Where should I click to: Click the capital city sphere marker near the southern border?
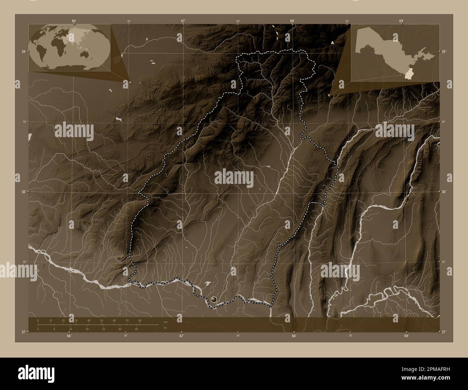214,299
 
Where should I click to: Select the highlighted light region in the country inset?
409,74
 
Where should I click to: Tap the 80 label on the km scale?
140,320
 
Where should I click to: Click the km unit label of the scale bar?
165,322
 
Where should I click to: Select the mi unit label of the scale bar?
165,328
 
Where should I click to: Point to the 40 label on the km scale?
89,320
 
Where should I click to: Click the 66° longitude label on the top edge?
73,21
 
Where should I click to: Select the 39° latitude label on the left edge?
23,52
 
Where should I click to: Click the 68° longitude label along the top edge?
292,21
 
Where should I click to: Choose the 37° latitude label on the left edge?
23,332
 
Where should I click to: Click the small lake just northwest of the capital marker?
207,285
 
